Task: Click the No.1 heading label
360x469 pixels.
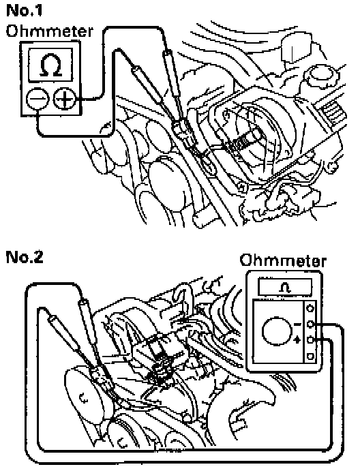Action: click(x=25, y=10)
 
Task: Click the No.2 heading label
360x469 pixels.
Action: click(x=25, y=257)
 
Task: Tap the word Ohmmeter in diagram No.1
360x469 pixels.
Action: click(x=49, y=31)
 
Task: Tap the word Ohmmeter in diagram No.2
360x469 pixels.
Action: click(x=282, y=260)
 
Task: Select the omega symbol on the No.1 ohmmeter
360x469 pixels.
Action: click(x=50, y=65)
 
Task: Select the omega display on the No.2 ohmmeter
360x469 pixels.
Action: click(x=284, y=287)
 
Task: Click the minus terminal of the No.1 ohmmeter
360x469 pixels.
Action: click(x=37, y=99)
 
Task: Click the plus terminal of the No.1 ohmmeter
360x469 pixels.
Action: click(x=64, y=99)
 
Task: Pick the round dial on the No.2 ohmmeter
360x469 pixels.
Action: click(x=277, y=331)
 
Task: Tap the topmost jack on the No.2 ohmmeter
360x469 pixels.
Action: click(x=310, y=308)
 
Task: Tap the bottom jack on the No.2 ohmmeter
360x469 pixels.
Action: click(x=310, y=356)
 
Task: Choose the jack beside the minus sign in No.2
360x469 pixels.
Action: click(x=310, y=324)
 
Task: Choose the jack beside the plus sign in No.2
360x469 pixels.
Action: click(x=310, y=340)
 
